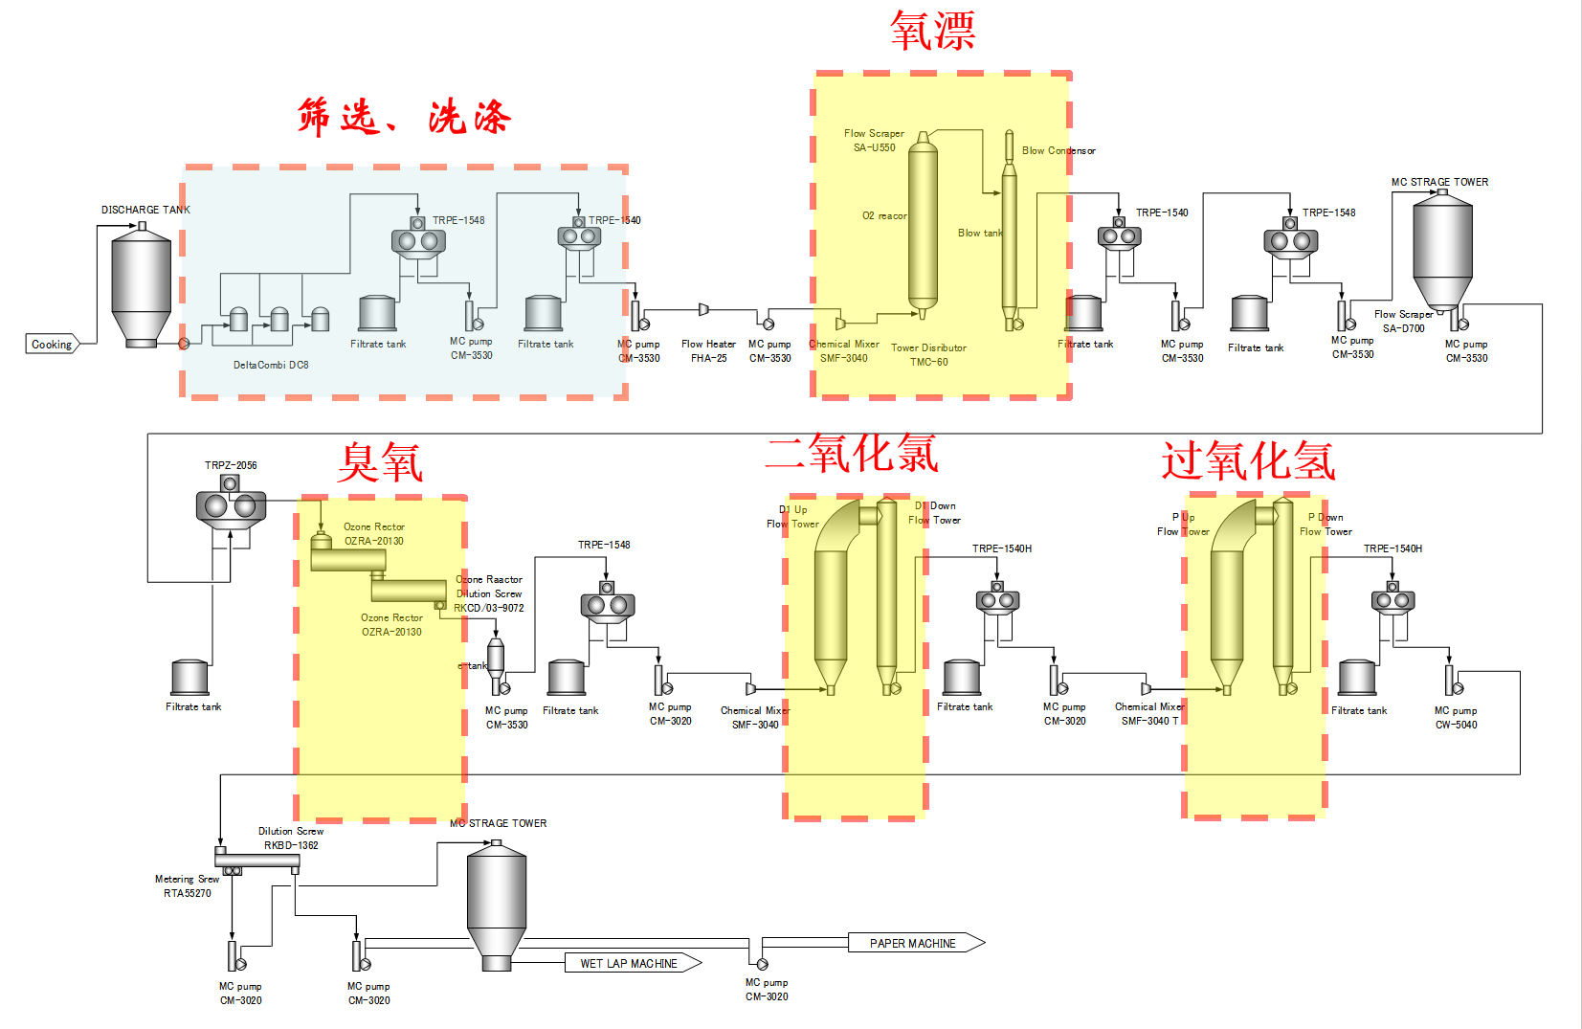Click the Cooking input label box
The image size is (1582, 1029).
click(52, 345)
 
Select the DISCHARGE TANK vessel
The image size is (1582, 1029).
click(142, 287)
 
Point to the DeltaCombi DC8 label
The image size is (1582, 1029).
click(271, 365)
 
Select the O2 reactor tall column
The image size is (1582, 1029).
click(923, 225)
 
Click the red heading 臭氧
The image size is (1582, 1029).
click(380, 463)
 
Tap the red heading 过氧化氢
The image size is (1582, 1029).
click(1248, 461)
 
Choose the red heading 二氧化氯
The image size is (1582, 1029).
click(852, 453)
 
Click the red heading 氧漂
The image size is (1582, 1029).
click(932, 31)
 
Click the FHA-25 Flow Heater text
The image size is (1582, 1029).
click(709, 351)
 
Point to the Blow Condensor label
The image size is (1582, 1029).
click(1058, 150)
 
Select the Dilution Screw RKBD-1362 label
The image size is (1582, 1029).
click(291, 839)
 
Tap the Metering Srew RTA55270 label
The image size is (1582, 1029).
click(188, 886)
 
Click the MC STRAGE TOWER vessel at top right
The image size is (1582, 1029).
click(1442, 249)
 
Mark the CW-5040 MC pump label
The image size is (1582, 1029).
click(1456, 718)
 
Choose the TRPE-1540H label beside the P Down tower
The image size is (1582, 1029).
click(1393, 548)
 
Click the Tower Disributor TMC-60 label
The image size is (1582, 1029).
click(928, 355)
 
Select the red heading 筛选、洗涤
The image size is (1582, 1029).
click(404, 118)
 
